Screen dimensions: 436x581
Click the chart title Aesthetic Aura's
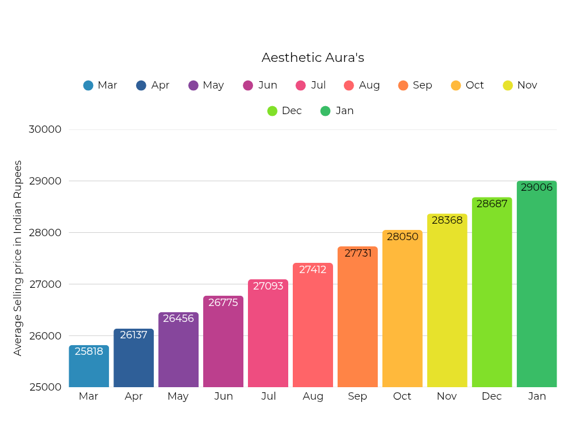click(313, 57)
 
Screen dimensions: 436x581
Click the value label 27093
click(268, 286)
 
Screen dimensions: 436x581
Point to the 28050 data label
click(402, 237)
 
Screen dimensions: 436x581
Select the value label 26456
click(178, 318)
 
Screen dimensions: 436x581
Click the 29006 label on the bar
click(537, 187)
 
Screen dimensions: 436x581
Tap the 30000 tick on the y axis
click(45, 129)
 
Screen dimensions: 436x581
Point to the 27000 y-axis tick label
click(45, 284)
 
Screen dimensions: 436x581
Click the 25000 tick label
click(45, 387)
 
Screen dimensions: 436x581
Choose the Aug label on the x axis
click(313, 396)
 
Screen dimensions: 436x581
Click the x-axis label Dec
click(492, 396)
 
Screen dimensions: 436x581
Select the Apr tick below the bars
click(134, 396)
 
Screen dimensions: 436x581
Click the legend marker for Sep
click(403, 85)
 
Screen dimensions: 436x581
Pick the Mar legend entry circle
click(88, 85)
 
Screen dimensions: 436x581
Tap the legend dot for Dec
click(272, 111)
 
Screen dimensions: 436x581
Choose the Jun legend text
click(268, 85)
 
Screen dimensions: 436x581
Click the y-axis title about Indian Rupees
click(18, 258)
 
